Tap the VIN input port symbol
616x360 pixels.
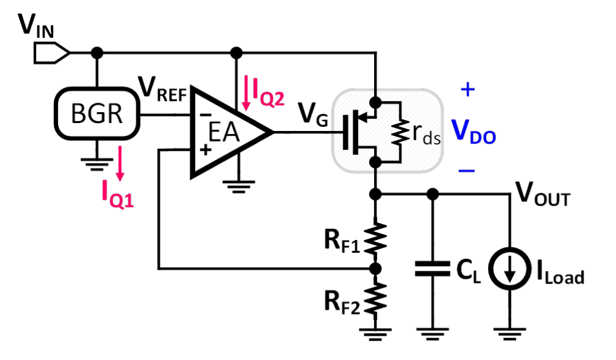click(x=52, y=53)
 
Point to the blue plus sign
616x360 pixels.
click(x=467, y=91)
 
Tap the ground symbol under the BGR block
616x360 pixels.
click(x=97, y=160)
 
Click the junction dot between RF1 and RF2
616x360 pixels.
click(x=377, y=268)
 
